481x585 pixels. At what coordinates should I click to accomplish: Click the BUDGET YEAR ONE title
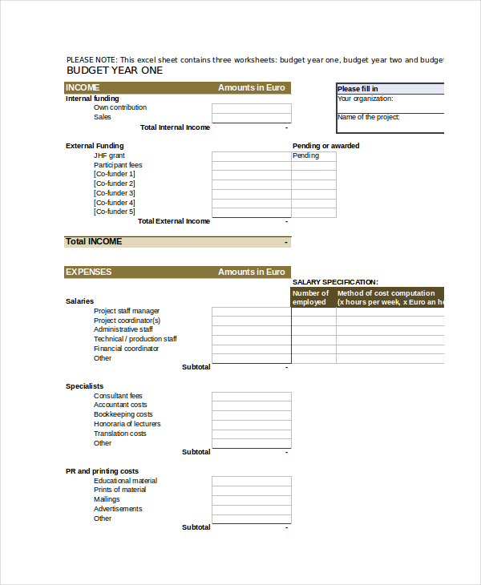114,71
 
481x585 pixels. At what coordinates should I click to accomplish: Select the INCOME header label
83,88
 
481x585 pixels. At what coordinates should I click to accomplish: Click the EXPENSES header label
88,272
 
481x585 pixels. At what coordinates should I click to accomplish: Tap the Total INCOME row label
94,242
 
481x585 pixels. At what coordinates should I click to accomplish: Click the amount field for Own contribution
251,108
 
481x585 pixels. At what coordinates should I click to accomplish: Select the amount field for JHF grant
251,156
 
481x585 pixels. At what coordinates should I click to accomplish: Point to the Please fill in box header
358,89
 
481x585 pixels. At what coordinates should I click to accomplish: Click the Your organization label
365,99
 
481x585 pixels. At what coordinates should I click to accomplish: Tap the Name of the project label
368,118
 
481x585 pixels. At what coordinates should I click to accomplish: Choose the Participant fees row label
118,165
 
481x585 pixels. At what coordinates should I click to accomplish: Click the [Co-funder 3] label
115,193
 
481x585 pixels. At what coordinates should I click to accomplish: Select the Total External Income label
174,221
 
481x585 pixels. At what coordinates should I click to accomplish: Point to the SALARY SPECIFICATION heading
335,282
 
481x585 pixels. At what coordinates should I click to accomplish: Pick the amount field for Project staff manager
251,312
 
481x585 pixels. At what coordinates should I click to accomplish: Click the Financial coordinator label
126,349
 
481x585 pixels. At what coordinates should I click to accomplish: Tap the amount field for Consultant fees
251,396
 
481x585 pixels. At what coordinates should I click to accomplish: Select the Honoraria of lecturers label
127,424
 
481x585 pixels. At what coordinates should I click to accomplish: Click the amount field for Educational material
251,481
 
